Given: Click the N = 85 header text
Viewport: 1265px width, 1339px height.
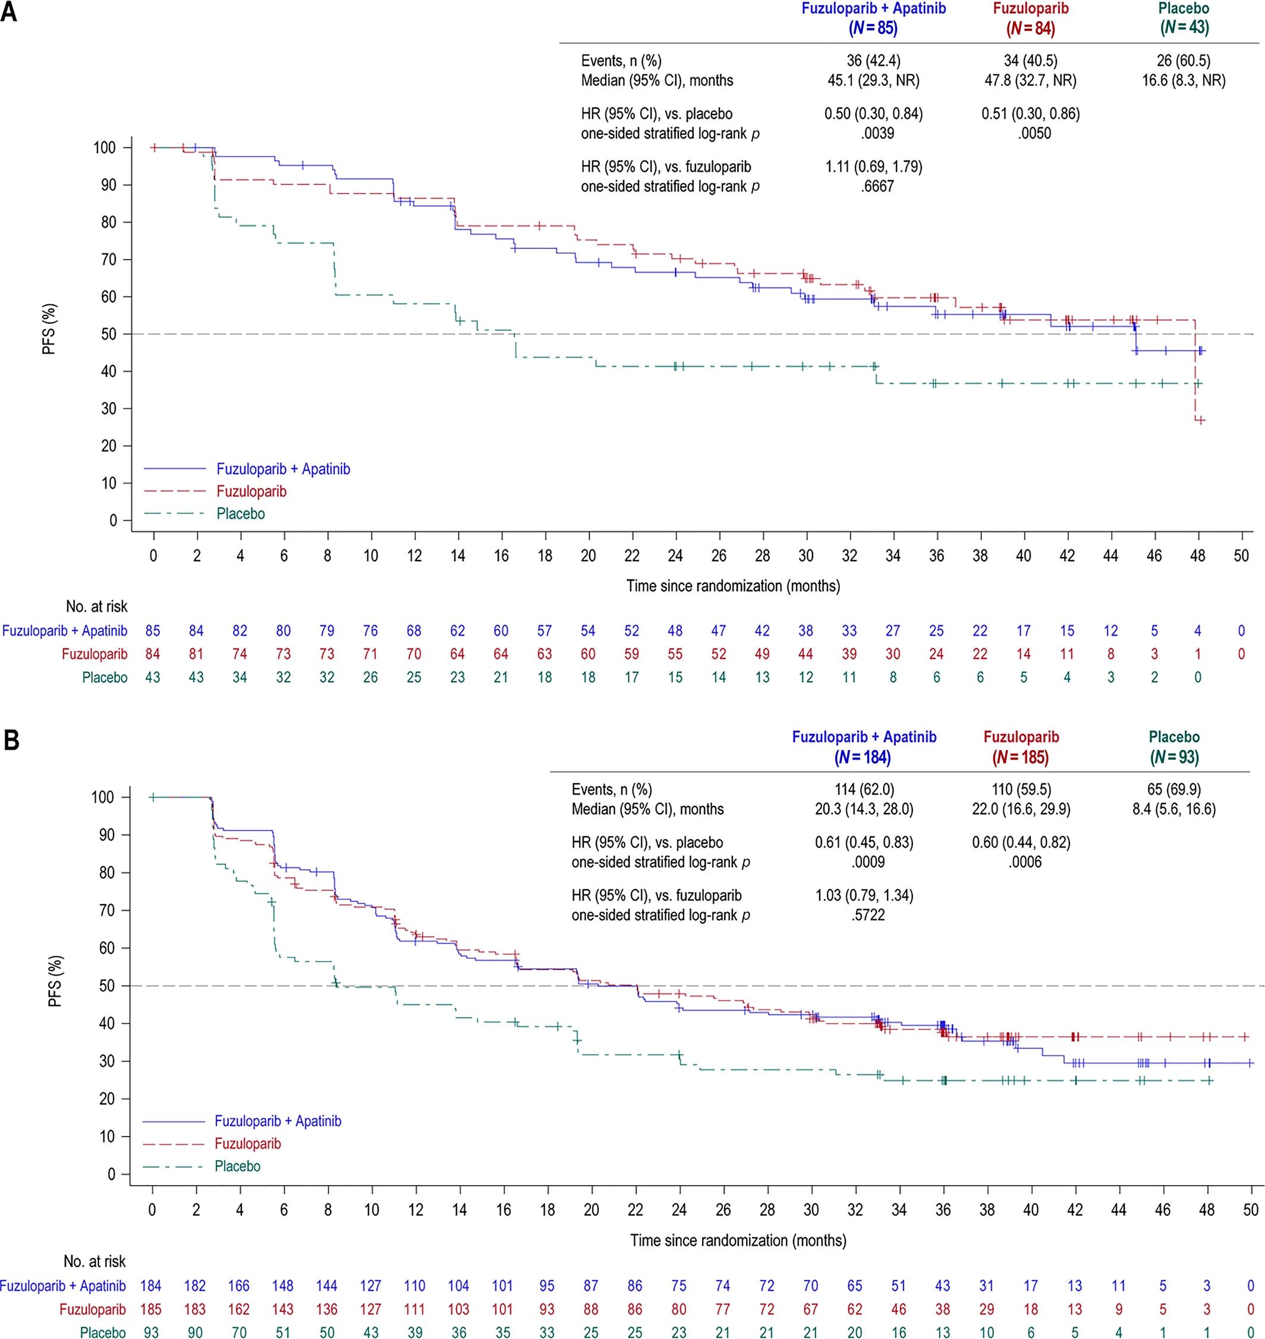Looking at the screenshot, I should click(x=873, y=29).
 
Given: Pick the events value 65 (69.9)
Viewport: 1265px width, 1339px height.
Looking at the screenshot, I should click(x=1174, y=789).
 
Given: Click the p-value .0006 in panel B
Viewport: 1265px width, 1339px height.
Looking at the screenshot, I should click(x=1025, y=862).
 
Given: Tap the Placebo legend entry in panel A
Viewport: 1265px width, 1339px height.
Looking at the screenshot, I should click(x=240, y=513).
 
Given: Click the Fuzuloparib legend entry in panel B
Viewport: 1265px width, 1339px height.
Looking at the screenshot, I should click(x=248, y=1143).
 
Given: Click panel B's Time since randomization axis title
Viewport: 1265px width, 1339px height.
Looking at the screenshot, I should click(x=738, y=1240).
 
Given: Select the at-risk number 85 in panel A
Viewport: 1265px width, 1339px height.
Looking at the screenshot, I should click(x=153, y=631).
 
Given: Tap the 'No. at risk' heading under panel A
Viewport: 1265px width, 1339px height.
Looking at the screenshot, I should click(x=96, y=607).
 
